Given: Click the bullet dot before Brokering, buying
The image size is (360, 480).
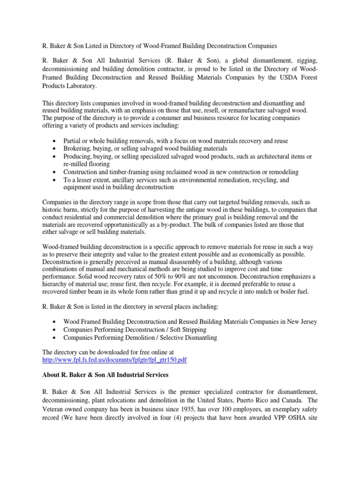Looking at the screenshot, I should coord(56,149).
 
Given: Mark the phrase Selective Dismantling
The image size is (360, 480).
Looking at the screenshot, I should coord(183,337).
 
